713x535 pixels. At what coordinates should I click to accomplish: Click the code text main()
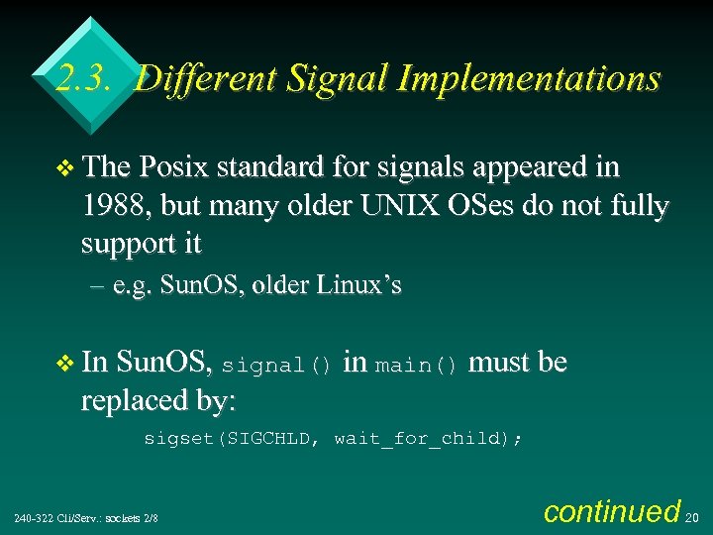pyautogui.click(x=417, y=365)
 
